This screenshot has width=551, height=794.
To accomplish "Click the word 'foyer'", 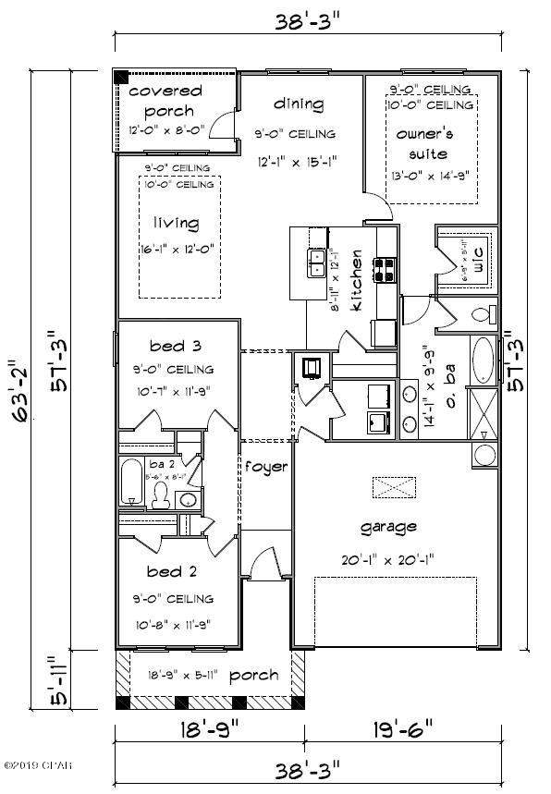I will point(265,467).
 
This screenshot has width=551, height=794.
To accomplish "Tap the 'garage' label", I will point(387,526).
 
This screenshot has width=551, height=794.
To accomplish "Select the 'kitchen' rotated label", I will point(355,294).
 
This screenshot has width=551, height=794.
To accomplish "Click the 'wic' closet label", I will point(478,253).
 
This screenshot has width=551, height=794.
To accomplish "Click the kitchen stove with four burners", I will point(386,269).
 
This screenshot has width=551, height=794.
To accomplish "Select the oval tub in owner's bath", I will point(484,361).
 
